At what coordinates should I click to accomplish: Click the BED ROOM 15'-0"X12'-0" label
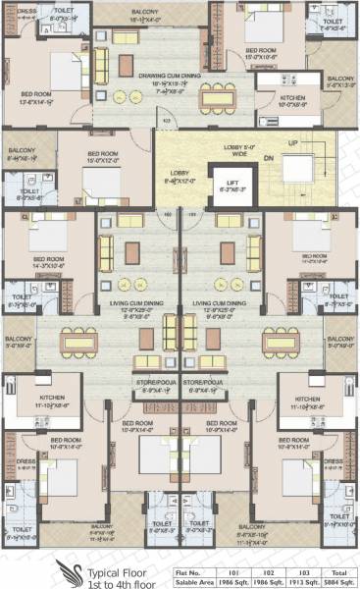105,157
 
